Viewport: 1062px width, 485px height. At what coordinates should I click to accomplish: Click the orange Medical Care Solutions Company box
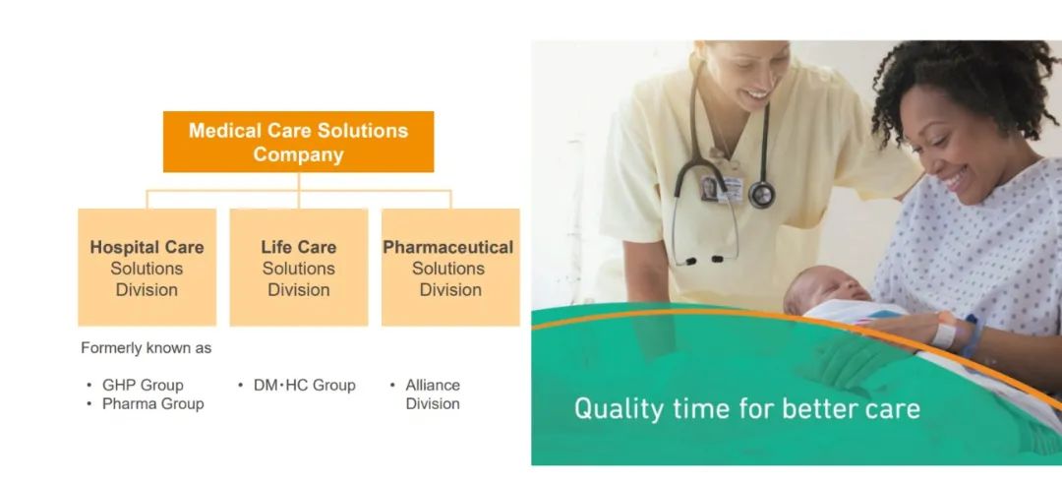(298, 142)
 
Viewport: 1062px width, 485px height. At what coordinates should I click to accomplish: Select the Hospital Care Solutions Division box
(147, 267)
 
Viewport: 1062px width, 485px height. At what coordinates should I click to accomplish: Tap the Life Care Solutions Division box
(299, 267)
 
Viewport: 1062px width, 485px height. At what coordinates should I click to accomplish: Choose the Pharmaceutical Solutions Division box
(450, 267)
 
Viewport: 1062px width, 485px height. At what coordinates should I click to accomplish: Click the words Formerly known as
(147, 348)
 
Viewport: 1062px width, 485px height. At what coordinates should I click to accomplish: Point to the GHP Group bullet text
(143, 385)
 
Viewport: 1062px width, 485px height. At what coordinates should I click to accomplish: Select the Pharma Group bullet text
(153, 403)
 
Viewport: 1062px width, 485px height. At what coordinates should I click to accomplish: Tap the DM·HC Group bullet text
(305, 385)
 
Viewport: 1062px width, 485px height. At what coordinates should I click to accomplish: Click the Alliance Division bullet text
(433, 394)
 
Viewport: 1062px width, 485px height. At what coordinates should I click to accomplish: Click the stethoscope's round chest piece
(761, 195)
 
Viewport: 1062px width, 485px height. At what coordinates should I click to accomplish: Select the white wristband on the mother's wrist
(943, 334)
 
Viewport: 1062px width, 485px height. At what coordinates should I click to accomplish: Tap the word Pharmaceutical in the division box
(448, 247)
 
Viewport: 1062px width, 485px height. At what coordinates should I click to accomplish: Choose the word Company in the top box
(298, 154)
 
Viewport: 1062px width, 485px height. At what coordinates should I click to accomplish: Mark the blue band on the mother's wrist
(972, 336)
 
